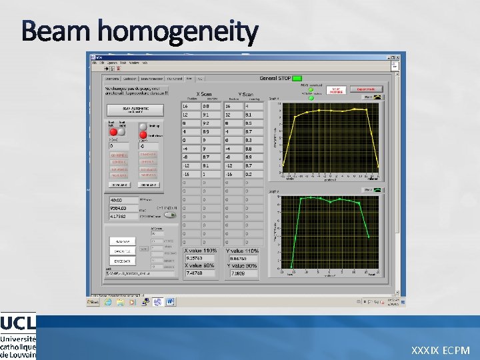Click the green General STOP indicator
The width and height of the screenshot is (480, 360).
[x=297, y=79]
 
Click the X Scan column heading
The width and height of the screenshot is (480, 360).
[x=205, y=94]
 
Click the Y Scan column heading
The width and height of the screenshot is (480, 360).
[x=245, y=94]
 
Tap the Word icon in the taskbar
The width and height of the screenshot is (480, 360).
[x=170, y=301]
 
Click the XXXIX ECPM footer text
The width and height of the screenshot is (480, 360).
[x=441, y=350]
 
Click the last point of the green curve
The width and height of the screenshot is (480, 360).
[x=369, y=236]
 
